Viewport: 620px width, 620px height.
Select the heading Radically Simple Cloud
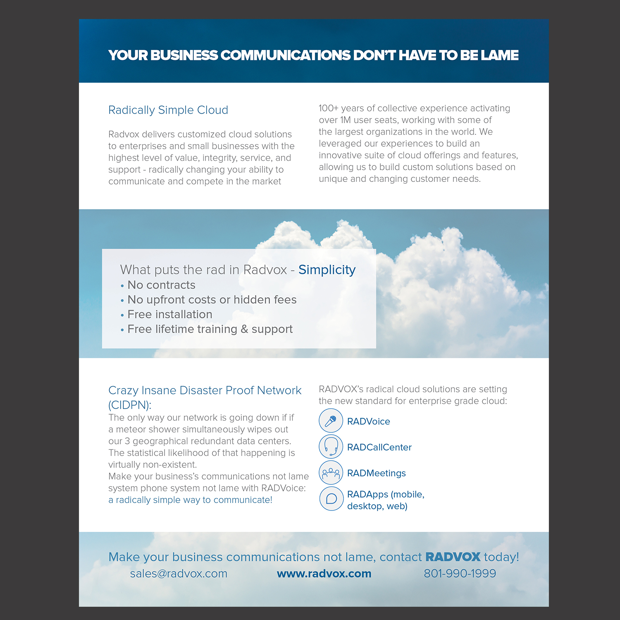(168, 110)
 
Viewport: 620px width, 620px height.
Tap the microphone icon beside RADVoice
(331, 421)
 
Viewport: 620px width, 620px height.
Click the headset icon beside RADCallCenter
(331, 446)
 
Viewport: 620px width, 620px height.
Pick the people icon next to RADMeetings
(331, 472)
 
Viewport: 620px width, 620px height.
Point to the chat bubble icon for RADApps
(331, 498)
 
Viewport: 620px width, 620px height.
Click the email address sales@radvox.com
(179, 574)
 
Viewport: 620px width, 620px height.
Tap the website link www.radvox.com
(324, 574)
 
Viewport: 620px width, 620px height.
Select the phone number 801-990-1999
(460, 574)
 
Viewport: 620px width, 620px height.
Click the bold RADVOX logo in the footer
(453, 557)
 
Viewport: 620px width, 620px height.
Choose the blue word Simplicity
(327, 270)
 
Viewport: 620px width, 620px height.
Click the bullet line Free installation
(170, 315)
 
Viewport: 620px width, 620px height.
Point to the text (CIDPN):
(130, 405)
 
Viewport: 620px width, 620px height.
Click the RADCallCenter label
(379, 447)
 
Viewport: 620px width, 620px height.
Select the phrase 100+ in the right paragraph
(329, 108)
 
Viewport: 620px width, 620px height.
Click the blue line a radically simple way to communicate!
(190, 500)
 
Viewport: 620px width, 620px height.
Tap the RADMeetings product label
(376, 473)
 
